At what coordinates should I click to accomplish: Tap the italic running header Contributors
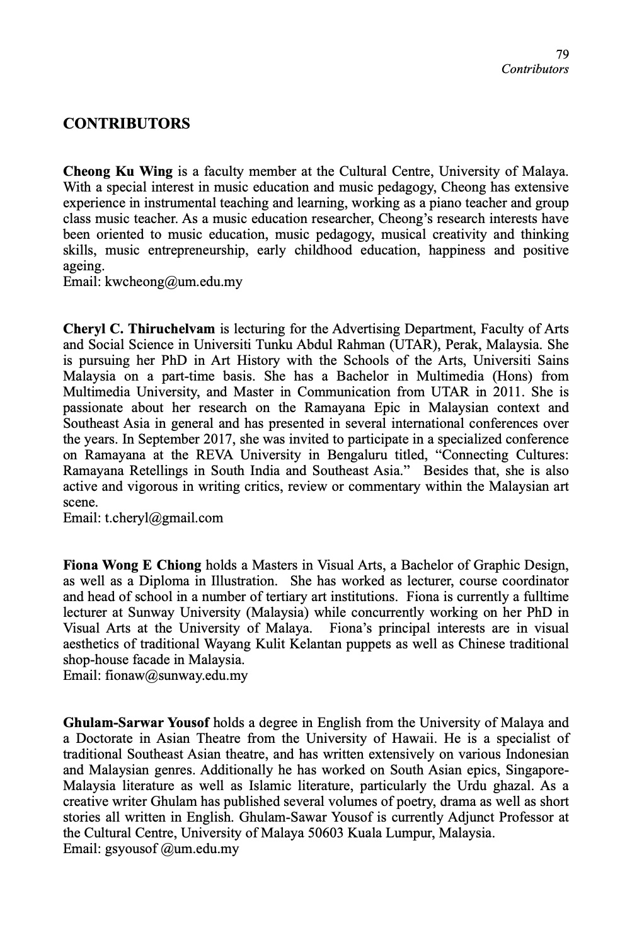(x=534, y=69)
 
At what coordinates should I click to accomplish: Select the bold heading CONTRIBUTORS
(x=126, y=123)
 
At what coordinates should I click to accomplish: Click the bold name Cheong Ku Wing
(x=118, y=171)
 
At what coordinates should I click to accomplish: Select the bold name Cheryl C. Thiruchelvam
(x=139, y=329)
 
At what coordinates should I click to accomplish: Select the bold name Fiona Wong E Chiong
(x=132, y=565)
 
